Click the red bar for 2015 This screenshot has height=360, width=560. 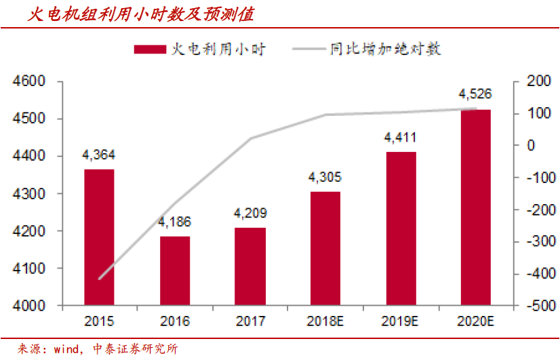click(99, 237)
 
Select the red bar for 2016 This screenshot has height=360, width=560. click(175, 271)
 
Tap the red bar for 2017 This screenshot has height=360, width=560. click(251, 266)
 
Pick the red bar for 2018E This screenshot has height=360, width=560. click(325, 249)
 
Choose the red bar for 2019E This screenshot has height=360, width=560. click(401, 228)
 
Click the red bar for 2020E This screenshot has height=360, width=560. click(476, 207)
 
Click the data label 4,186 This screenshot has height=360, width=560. click(175, 222)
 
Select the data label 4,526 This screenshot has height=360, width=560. click(476, 94)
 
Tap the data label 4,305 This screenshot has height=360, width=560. click(325, 178)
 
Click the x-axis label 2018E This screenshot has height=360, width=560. click(325, 321)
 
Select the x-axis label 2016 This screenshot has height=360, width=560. click(175, 321)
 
